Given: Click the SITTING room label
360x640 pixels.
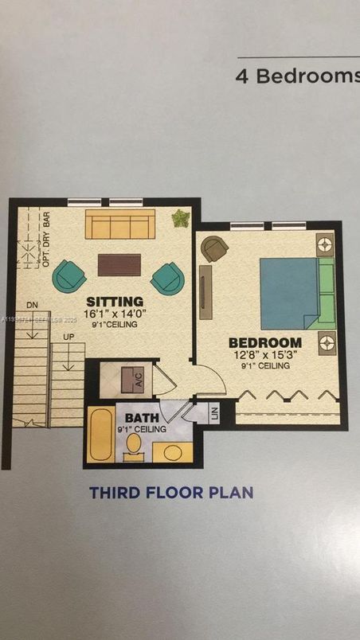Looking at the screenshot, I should [x=115, y=302].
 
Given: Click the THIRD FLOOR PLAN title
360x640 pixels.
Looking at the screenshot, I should [x=171, y=493].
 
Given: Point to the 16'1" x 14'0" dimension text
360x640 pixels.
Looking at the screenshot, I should [x=115, y=314].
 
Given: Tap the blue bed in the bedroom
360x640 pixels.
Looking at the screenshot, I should [x=288, y=293].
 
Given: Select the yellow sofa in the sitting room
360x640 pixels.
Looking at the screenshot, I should [x=119, y=225].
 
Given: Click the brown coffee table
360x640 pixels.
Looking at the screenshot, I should [x=119, y=264].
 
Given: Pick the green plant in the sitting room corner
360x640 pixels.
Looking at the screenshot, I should [x=181, y=217].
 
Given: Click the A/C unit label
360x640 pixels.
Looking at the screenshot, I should [x=138, y=381].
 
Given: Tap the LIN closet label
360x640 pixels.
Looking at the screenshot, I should [x=214, y=413].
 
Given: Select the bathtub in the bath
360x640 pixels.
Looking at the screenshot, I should [x=100, y=434].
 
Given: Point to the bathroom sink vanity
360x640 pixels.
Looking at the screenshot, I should [x=172, y=452].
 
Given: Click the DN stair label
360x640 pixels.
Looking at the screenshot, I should [x=32, y=305].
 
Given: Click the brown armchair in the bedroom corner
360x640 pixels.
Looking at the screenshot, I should [x=213, y=248].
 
